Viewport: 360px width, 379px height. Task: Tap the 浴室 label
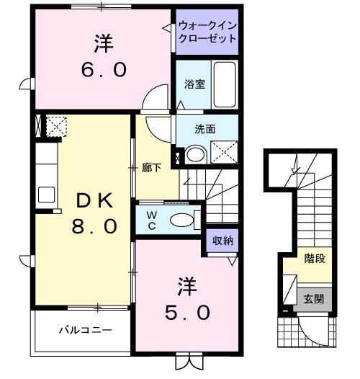point(194,84)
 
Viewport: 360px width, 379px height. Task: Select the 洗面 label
point(205,130)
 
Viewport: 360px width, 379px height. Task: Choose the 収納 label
point(221,241)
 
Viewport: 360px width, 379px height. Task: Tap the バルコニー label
point(85,331)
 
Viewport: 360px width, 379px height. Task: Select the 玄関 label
point(313,299)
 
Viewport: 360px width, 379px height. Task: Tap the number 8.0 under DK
point(94,226)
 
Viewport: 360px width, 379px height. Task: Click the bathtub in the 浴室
point(225,83)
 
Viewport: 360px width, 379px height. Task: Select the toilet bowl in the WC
point(183,219)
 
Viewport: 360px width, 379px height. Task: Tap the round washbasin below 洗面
point(194,153)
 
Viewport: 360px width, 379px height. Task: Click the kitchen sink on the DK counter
point(47,193)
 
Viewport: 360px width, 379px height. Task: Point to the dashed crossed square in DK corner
point(55,127)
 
